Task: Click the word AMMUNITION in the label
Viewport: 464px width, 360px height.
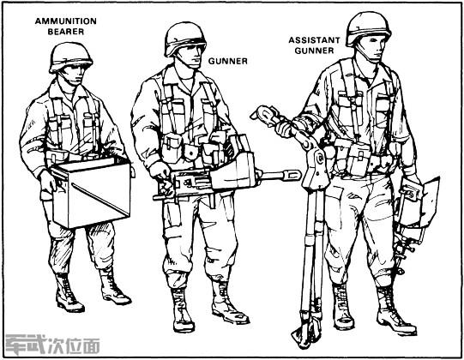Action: tap(66, 21)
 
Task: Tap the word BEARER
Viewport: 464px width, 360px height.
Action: tap(66, 32)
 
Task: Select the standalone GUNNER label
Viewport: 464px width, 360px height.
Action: tap(228, 61)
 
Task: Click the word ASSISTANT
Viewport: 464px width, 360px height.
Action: tap(314, 40)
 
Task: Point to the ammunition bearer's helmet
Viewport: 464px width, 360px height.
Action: tap(70, 57)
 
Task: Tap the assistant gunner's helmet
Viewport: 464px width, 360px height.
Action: tap(368, 27)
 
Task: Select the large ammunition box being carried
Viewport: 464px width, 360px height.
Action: tap(91, 192)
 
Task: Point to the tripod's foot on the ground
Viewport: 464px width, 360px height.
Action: tap(304, 336)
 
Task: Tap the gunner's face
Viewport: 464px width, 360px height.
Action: tap(192, 57)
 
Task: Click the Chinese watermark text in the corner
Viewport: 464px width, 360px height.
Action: tap(52, 345)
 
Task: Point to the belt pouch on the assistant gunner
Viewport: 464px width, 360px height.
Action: tap(357, 159)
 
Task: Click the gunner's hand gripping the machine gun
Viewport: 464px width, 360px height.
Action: tap(160, 172)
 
